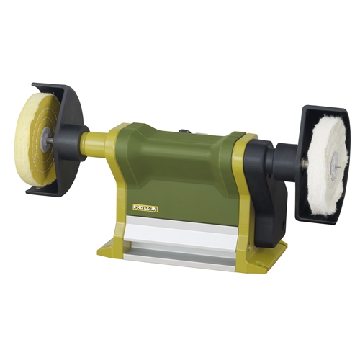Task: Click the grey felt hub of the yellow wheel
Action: (45, 140)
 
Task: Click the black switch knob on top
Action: (184, 130)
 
